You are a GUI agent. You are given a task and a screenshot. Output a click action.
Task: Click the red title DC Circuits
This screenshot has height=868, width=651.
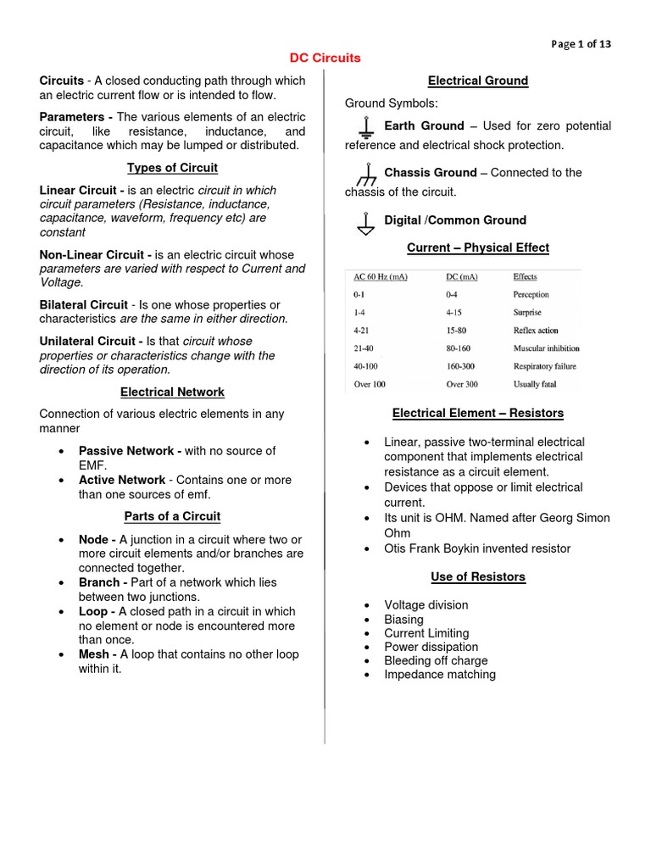(325, 58)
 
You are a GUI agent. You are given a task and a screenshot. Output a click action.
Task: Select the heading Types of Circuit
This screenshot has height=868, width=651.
(172, 168)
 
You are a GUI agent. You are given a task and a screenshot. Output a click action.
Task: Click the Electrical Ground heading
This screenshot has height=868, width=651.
(477, 81)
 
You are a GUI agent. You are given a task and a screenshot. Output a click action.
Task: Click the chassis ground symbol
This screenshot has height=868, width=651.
(365, 175)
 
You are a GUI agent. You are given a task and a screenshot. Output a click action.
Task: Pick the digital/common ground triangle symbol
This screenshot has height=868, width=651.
(365, 222)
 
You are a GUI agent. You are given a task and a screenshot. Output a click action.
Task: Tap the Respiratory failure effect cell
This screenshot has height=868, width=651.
(544, 366)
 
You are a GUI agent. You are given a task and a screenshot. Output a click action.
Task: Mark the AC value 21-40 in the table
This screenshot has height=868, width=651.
(364, 348)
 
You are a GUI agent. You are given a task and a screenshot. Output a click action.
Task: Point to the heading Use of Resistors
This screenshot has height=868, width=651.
(477, 576)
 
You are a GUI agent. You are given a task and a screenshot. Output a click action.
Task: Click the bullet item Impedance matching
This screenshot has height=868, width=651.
(439, 675)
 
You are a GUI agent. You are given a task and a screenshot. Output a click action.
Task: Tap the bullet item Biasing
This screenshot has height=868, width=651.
(403, 619)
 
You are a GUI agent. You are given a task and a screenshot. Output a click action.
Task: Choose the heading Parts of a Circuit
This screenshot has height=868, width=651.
(172, 516)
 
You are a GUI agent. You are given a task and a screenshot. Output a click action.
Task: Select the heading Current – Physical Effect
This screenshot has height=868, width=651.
(477, 248)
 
